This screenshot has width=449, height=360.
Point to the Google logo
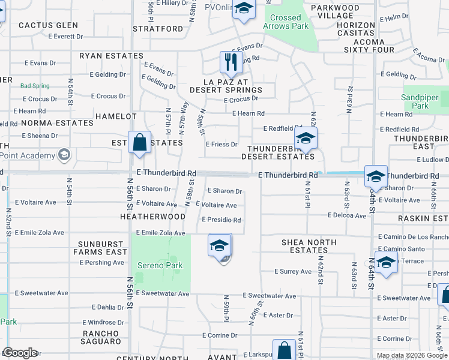(20, 353)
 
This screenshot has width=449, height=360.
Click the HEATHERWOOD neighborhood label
(152, 216)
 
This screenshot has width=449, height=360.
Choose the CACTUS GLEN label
(49, 25)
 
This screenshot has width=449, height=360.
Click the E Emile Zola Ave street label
(160, 232)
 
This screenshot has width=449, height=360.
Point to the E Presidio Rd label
(221, 220)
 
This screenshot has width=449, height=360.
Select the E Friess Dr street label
(221, 144)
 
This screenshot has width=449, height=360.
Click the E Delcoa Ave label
(346, 215)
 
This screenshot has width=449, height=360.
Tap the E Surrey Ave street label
(293, 271)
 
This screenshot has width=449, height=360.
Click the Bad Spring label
(35, 86)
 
